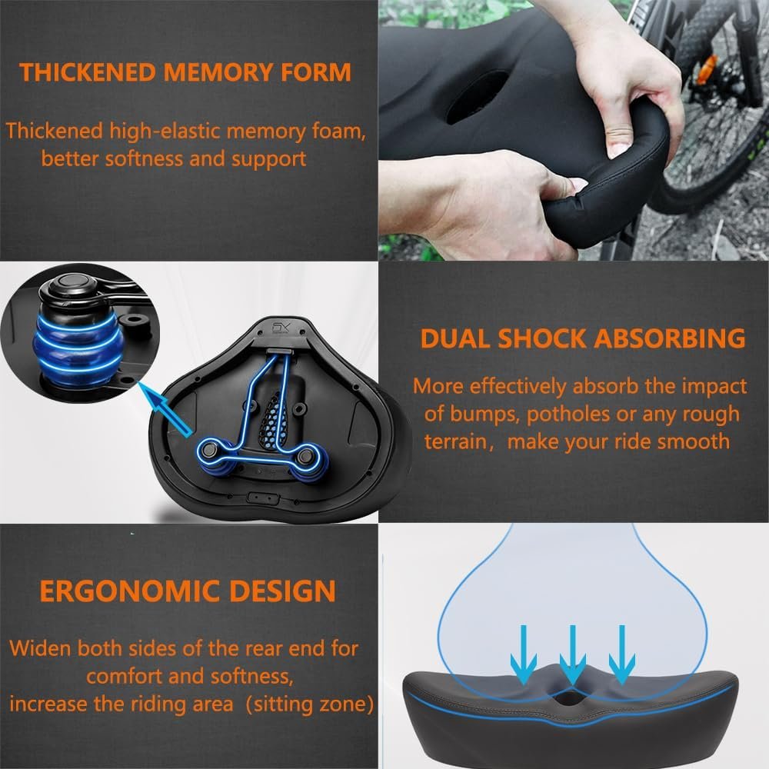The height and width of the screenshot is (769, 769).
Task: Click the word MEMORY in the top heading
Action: (221, 72)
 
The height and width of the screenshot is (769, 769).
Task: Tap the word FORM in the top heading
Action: (316, 72)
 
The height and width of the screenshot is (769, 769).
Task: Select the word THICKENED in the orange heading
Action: (88, 72)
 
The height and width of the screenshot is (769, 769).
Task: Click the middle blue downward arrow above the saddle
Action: (572, 654)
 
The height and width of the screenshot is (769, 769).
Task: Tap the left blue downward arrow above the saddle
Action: (523, 654)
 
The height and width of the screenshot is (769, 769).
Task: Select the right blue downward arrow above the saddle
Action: (622, 654)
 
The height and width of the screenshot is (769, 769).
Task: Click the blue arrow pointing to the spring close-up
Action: (165, 409)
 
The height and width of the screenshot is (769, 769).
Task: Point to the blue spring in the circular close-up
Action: (76, 348)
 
